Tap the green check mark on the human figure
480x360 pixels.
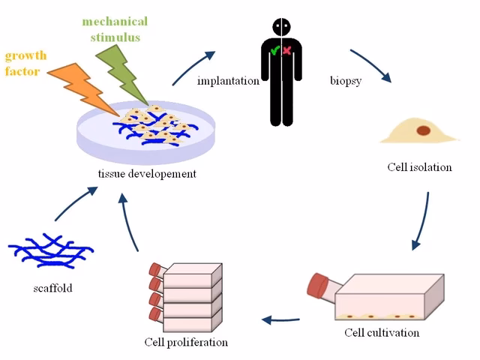(x=275, y=52)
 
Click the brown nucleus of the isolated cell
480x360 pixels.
(x=424, y=130)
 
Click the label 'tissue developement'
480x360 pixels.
(x=147, y=174)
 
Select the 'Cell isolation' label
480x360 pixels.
(x=419, y=166)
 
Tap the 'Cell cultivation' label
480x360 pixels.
(x=382, y=332)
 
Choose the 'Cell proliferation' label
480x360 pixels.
(x=186, y=342)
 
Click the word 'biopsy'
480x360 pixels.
(x=346, y=80)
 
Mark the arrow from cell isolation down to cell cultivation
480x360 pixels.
(x=422, y=221)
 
